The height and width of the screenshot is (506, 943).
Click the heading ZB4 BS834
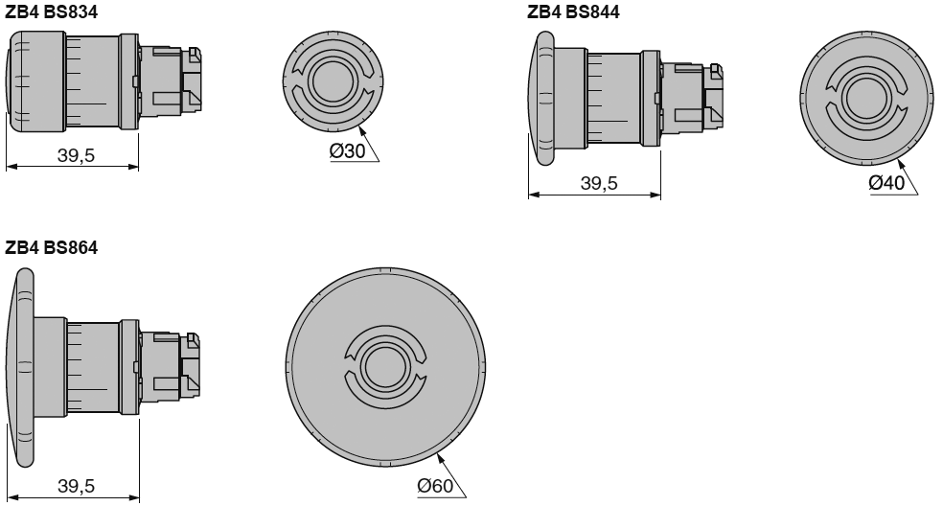51,11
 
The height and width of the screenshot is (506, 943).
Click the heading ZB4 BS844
573,11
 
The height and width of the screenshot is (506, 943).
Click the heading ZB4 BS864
51,247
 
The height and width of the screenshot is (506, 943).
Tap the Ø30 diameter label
348,151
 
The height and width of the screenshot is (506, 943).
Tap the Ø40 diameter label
886,182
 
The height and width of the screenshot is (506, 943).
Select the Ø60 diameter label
435,485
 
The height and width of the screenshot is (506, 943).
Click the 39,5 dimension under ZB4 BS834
77,155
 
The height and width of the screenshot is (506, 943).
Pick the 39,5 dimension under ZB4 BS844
599,183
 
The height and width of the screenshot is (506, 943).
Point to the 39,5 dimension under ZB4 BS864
77,486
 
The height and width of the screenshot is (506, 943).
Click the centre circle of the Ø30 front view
333,80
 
